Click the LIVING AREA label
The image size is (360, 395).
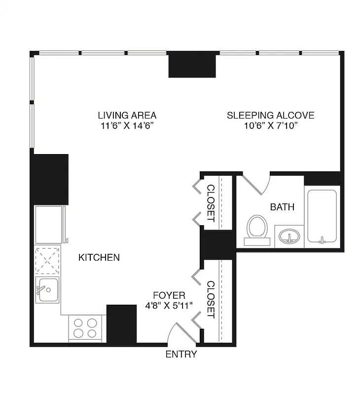(127, 116)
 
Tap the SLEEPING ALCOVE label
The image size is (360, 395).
(270, 116)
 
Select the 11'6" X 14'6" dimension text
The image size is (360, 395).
(127, 126)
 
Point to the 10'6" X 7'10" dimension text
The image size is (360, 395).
(270, 126)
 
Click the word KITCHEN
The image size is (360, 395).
(99, 257)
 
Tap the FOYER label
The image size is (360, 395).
(169, 295)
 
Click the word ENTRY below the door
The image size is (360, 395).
(181, 354)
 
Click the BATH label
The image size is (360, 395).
(282, 207)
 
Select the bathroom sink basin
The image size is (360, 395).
(289, 237)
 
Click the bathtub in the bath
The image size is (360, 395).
(322, 216)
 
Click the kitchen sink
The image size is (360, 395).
(47, 290)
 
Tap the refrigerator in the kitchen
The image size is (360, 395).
(49, 225)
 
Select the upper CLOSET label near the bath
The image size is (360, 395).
(211, 203)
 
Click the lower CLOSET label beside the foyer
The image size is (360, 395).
(211, 299)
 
